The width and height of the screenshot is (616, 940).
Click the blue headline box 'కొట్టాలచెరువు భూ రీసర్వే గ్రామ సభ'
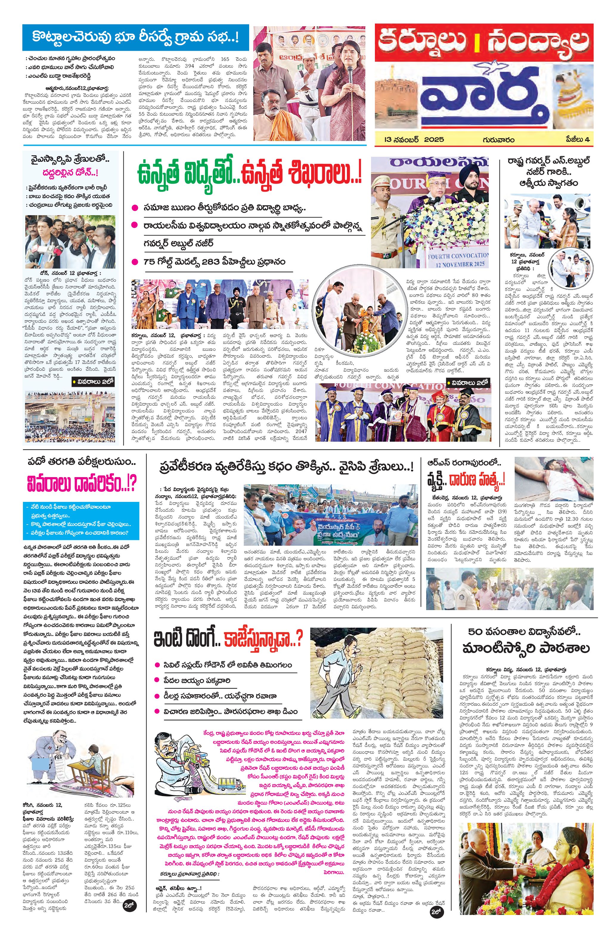tap(135, 38)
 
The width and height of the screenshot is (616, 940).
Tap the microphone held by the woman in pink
tap(350, 75)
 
